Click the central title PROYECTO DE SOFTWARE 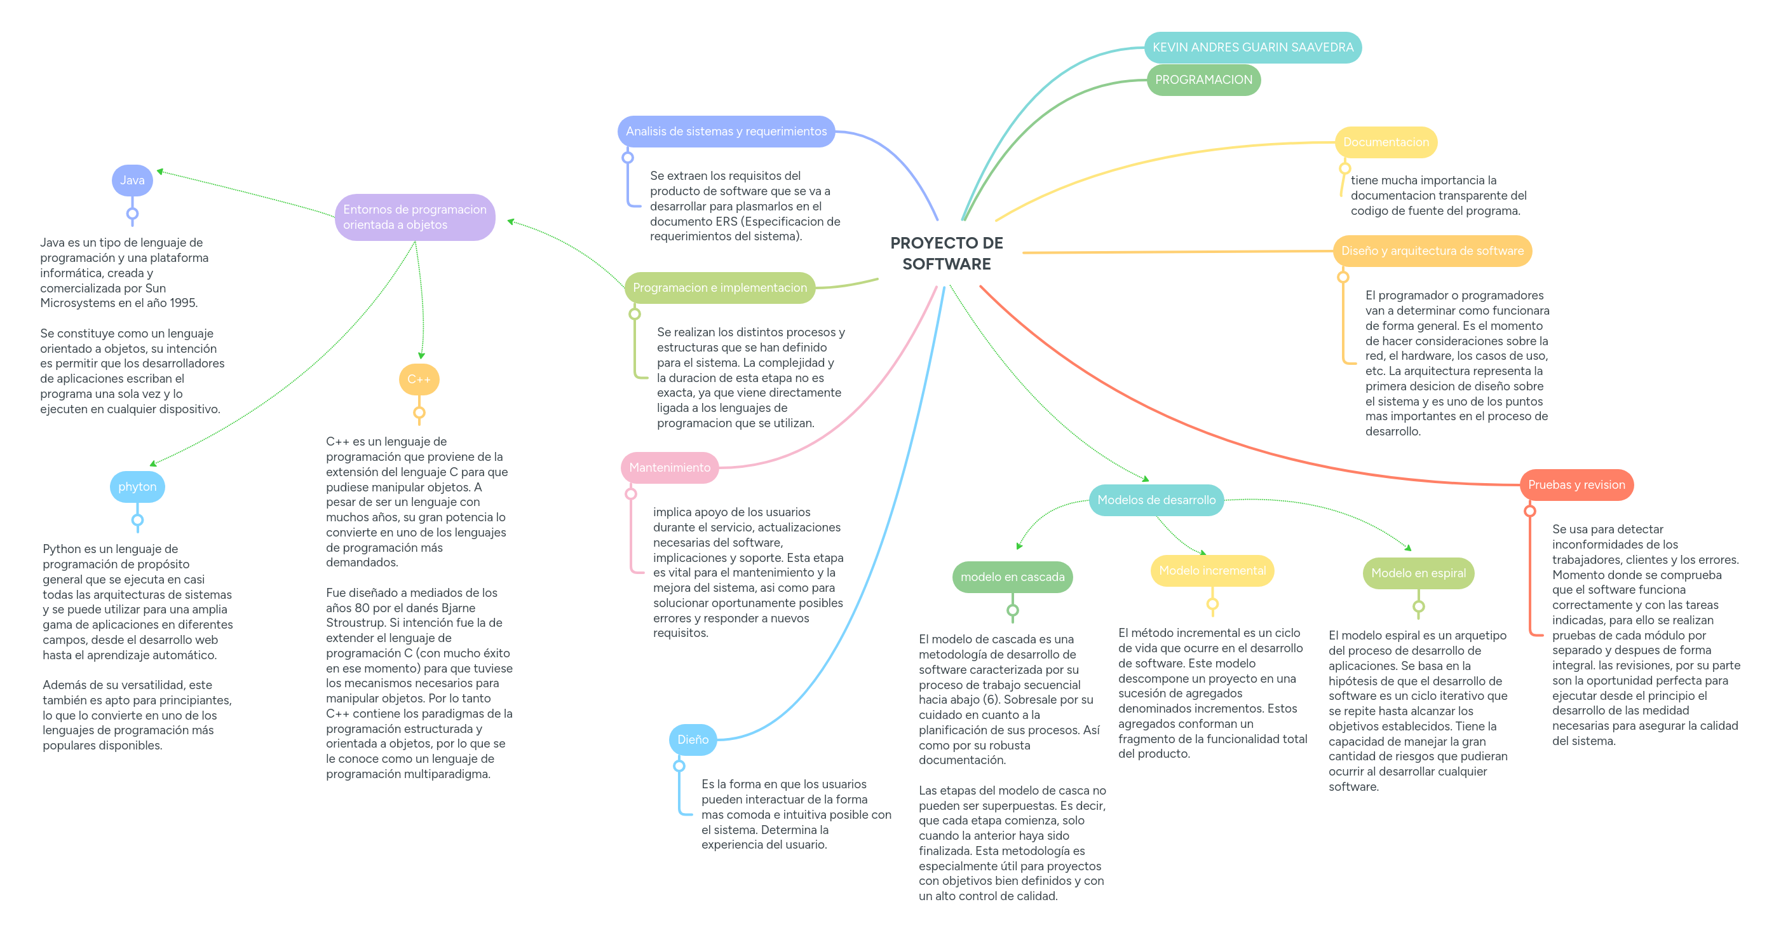coord(947,253)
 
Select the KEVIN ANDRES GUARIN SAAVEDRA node coord(1252,47)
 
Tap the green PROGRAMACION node coord(1203,79)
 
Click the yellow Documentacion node coord(1386,142)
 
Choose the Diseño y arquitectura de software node coord(1432,250)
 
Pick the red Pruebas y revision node coord(1576,485)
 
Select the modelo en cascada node coord(1012,577)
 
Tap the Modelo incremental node coord(1212,571)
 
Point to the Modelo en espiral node coord(1418,573)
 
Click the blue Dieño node coord(693,739)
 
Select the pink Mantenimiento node coord(669,467)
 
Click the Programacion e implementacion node coord(720,288)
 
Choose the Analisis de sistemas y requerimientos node coord(726,132)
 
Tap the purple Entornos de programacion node coord(415,217)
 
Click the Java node coord(132,181)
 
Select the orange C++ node coord(419,379)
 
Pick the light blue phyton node coord(137,487)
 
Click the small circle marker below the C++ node coord(419,413)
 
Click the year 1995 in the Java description coord(183,303)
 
